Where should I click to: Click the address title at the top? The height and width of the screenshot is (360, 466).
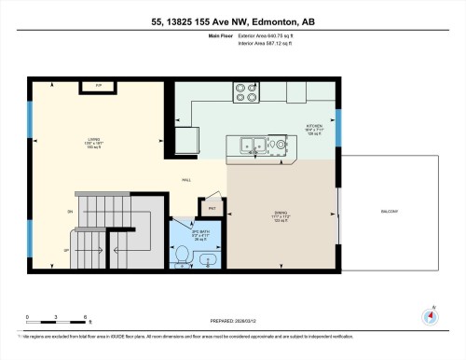tap(233, 22)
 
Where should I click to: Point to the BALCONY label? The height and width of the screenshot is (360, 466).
tap(391, 211)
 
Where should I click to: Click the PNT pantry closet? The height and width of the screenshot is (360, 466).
tap(212, 207)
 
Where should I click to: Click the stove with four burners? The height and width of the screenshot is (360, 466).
tap(247, 93)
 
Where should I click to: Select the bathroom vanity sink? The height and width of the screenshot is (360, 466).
tap(211, 258)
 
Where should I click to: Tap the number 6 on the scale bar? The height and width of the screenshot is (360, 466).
tap(86, 318)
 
